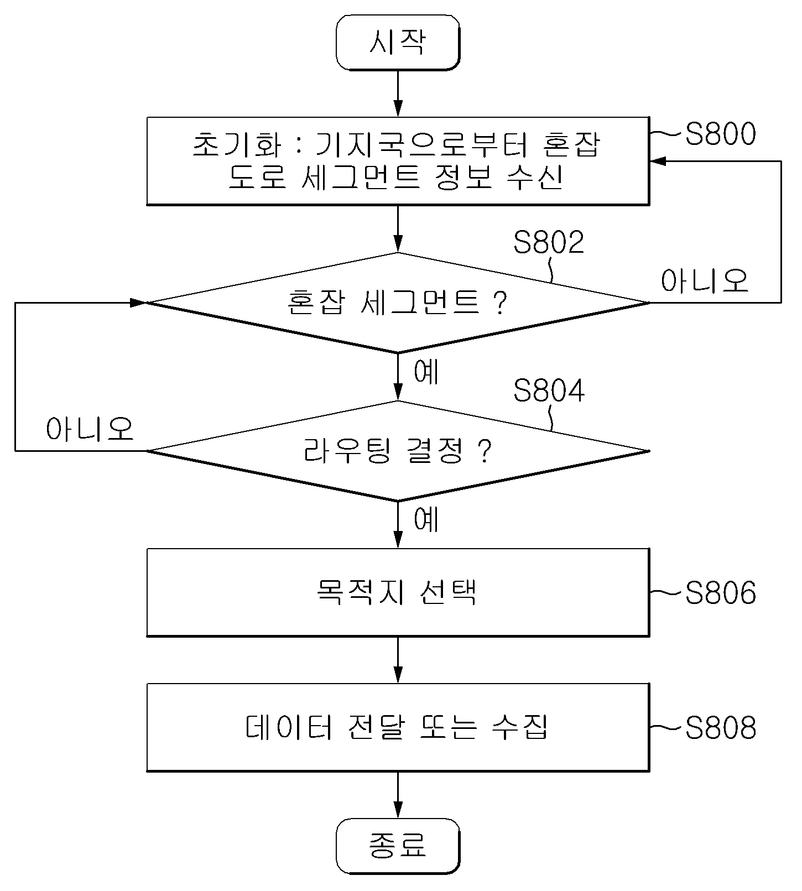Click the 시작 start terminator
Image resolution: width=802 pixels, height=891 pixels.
tap(398, 43)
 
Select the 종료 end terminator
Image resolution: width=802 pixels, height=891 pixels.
tap(398, 846)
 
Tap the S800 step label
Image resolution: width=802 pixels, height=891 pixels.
tap(720, 134)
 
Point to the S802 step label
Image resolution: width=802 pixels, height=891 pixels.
tap(549, 242)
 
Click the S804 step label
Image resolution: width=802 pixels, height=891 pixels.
tap(549, 390)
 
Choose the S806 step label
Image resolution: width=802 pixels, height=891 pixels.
tap(720, 593)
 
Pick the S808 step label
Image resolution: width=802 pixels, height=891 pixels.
tap(720, 728)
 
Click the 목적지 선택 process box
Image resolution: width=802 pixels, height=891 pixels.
tap(398, 592)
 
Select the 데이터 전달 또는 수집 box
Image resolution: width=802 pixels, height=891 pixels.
tap(398, 728)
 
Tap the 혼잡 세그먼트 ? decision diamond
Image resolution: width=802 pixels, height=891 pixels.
tap(398, 303)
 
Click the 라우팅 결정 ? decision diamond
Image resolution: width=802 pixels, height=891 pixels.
tap(398, 451)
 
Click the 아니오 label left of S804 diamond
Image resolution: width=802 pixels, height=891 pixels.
tap(90, 429)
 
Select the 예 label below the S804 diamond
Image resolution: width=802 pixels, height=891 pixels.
tap(426, 519)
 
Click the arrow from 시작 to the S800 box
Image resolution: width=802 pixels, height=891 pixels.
tap(398, 93)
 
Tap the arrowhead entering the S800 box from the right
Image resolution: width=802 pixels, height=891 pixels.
tap(658, 161)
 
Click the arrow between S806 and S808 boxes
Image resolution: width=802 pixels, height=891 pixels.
tap(398, 660)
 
